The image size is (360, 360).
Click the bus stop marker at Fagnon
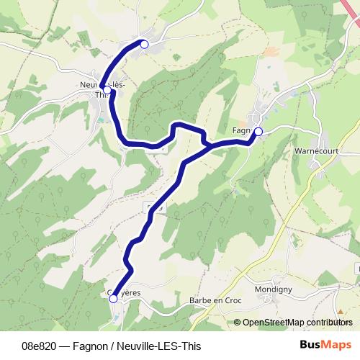pyautogui.click(x=258, y=131)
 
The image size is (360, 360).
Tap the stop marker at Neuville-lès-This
pyautogui.click(x=105, y=88)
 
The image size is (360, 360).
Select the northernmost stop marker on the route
pyautogui.click(x=144, y=45)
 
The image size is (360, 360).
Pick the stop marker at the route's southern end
pyautogui.click(x=113, y=298)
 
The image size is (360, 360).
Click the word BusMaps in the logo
pyautogui.click(x=325, y=344)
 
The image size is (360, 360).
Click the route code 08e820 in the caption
pyautogui.click(x=37, y=345)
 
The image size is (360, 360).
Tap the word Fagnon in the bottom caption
pyautogui.click(x=93, y=345)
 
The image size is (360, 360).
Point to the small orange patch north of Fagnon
pyautogui.click(x=271, y=52)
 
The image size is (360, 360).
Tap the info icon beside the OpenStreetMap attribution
pyautogui.click(x=238, y=323)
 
